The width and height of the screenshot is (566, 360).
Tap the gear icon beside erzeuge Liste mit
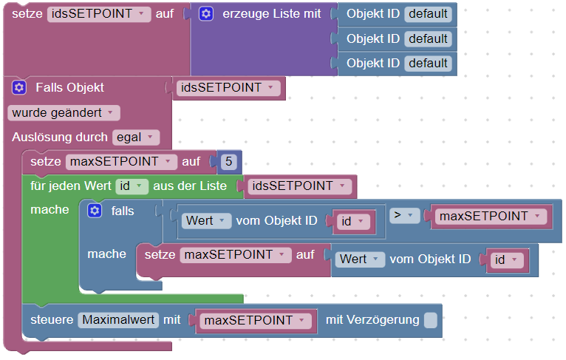coord(206,14)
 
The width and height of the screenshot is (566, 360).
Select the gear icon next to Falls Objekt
coord(19,88)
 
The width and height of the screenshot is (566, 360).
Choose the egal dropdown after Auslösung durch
coord(136,137)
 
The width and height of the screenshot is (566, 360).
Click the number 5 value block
coord(228,161)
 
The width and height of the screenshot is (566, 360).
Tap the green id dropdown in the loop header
coord(132,186)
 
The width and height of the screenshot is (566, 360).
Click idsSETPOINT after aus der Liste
coord(300,186)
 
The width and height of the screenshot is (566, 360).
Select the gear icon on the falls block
coord(94,211)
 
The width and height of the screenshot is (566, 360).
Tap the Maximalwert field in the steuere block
coord(118,320)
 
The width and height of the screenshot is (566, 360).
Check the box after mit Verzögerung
coord(430,320)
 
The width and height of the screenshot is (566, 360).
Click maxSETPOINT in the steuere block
coord(254,320)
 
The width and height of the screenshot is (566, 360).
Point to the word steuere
coord(51,320)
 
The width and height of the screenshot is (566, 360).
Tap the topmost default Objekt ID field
coord(428,14)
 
